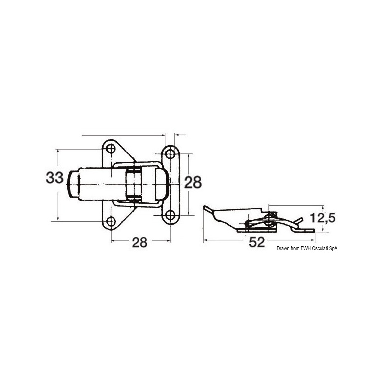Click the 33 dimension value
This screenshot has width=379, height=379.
(x=55, y=177)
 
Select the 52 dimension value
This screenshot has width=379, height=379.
(x=257, y=242)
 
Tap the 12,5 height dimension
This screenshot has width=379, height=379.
(x=323, y=218)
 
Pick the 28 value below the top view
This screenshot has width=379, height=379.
(x=140, y=242)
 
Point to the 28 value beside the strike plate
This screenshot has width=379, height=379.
(x=192, y=182)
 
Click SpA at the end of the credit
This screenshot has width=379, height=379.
(x=333, y=249)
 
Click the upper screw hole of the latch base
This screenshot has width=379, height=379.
(x=111, y=149)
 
